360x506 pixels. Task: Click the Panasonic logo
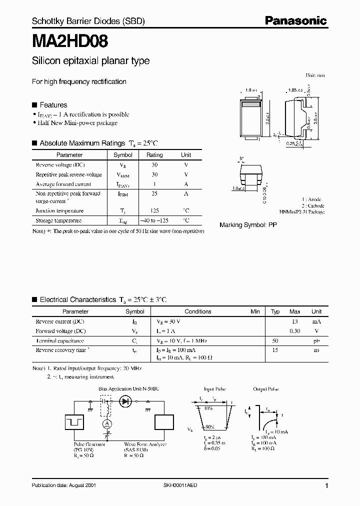(x=295, y=20)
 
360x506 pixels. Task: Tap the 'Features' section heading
(x=53, y=105)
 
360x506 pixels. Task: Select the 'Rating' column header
(x=154, y=155)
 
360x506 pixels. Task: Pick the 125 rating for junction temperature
(x=154, y=211)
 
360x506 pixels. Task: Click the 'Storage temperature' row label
(x=58, y=220)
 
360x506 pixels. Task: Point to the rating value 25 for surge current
(x=154, y=193)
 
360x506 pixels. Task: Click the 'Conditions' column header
(x=198, y=311)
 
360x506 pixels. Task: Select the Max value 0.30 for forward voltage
(x=295, y=331)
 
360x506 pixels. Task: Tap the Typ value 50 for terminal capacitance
(x=275, y=340)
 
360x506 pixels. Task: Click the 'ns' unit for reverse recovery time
(x=316, y=350)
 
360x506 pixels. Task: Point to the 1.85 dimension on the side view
(x=294, y=90)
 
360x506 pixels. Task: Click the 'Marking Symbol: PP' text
(x=248, y=225)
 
